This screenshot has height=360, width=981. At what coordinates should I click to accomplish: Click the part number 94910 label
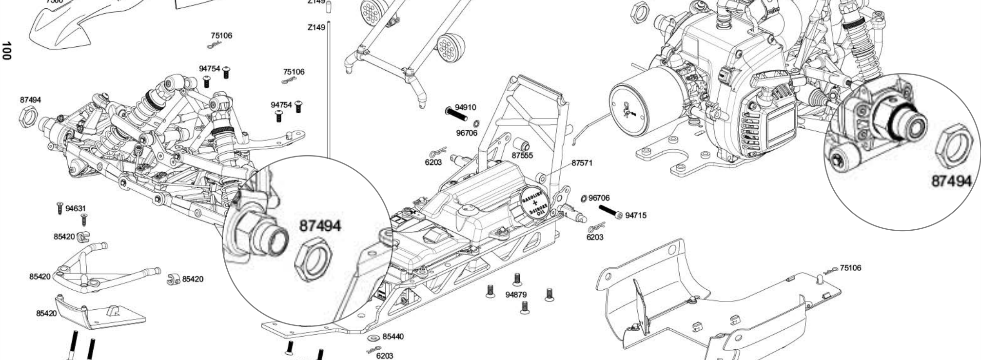point(465,107)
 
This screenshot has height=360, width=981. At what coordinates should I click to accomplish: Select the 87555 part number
point(522,156)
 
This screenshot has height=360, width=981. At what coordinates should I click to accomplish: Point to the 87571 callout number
point(582,162)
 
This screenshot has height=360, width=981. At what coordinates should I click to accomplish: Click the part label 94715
point(636,215)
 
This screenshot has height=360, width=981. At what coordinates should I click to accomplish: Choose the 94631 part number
point(76,209)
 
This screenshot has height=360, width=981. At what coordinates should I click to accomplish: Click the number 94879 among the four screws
point(516,295)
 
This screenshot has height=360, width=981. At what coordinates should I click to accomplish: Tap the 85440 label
point(393,337)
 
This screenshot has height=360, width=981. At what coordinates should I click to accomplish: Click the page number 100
point(6,51)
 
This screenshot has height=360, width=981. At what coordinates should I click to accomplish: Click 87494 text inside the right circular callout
point(951,181)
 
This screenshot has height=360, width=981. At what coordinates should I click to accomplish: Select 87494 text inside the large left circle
point(320,226)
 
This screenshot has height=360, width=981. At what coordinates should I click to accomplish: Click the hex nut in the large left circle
point(314,260)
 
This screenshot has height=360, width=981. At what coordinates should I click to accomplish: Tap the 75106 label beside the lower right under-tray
point(850,268)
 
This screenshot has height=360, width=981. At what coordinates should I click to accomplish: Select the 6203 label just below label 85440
point(385,356)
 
